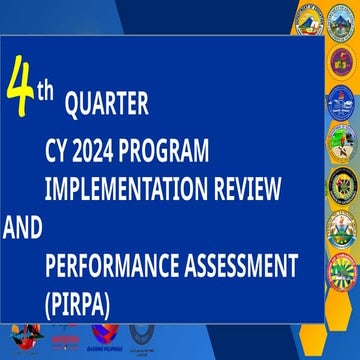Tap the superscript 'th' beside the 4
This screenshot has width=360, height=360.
pos(46,89)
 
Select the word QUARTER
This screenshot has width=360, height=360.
pos(107,103)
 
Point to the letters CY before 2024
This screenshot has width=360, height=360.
pos(58,152)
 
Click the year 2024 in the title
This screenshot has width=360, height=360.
pos(98,152)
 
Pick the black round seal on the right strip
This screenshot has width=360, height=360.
pos(343,184)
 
